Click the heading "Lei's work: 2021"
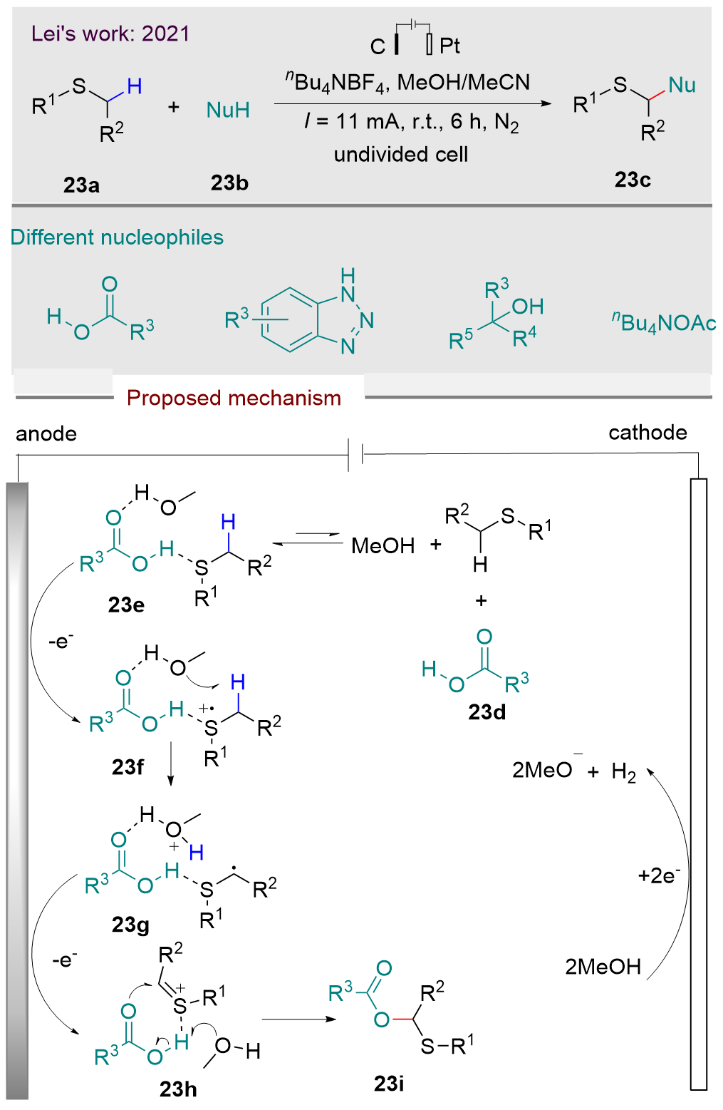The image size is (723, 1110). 110,34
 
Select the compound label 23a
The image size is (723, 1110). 81,185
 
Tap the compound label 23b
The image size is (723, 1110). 229,183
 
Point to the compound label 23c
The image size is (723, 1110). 633,180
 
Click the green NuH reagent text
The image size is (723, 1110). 228,110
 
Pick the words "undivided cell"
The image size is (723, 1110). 401,154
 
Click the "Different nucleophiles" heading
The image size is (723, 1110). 117,237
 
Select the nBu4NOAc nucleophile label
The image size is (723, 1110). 664,323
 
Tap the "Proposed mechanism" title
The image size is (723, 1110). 234,398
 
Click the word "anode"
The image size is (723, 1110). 46,433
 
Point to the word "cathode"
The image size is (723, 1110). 647,432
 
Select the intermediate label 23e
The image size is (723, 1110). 126,605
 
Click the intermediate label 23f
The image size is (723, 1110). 128,766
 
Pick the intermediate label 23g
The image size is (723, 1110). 130,925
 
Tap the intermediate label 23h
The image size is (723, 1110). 178,1089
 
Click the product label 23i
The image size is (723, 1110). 389,1084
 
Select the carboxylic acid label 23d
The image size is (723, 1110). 487,711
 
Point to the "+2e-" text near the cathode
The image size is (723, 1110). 659,875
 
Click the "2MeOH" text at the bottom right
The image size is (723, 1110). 603,967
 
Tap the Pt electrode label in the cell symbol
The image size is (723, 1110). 449,46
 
